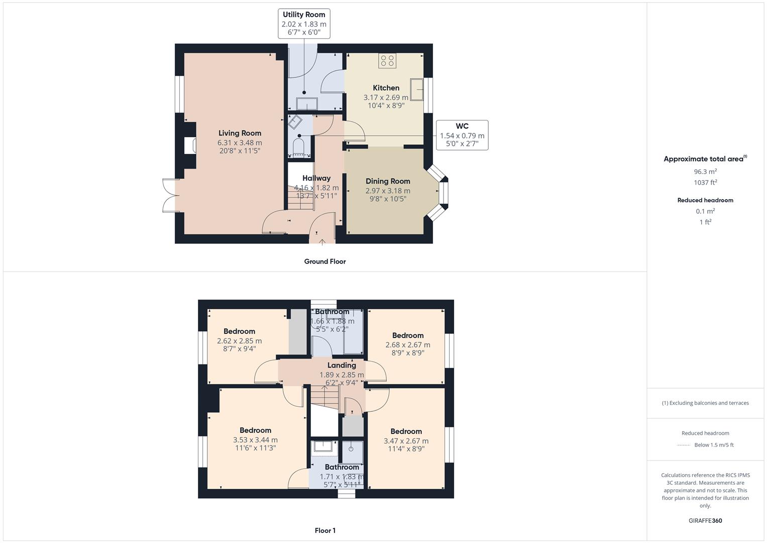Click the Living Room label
pyautogui.click(x=240, y=133)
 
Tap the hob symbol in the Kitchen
pyautogui.click(x=387, y=61)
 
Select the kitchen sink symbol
pyautogui.click(x=416, y=89)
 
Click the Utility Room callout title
pyautogui.click(x=304, y=15)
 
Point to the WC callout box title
pyautogui.click(x=462, y=126)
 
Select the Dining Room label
pyautogui.click(x=388, y=181)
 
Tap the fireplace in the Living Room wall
pyautogui.click(x=190, y=146)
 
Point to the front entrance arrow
pyautogui.click(x=322, y=242)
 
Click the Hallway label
pyautogui.click(x=316, y=178)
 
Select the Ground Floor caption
pyautogui.click(x=325, y=261)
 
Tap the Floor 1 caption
pyautogui.click(x=325, y=530)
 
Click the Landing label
pyautogui.click(x=342, y=366)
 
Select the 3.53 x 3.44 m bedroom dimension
pyautogui.click(x=255, y=440)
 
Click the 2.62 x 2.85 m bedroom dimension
pyautogui.click(x=239, y=341)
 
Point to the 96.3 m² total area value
pyautogui.click(x=705, y=171)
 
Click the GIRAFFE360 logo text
pyautogui.click(x=705, y=520)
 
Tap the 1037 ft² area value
pyautogui.click(x=705, y=183)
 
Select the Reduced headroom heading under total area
pyautogui.click(x=705, y=200)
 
